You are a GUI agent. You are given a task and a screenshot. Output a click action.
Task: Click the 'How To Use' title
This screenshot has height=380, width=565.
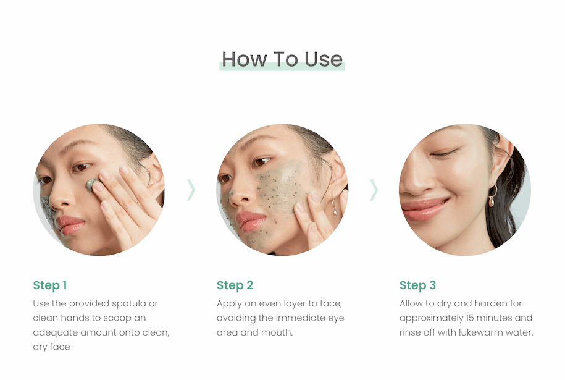282,59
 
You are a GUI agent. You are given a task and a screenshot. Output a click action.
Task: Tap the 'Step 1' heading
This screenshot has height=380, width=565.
50,285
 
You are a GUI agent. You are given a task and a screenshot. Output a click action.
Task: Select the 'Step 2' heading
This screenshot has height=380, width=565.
235,285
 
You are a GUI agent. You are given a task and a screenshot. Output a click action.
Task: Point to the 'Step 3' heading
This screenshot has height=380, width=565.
417,285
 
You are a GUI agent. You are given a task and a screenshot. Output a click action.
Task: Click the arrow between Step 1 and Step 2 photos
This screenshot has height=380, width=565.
191,190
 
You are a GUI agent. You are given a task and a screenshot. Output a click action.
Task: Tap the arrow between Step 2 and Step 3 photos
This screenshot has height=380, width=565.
374,190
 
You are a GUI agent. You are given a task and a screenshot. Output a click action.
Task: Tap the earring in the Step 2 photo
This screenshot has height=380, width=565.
334,206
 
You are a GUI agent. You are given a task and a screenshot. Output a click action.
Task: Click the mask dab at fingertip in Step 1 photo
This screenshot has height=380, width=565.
91,185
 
